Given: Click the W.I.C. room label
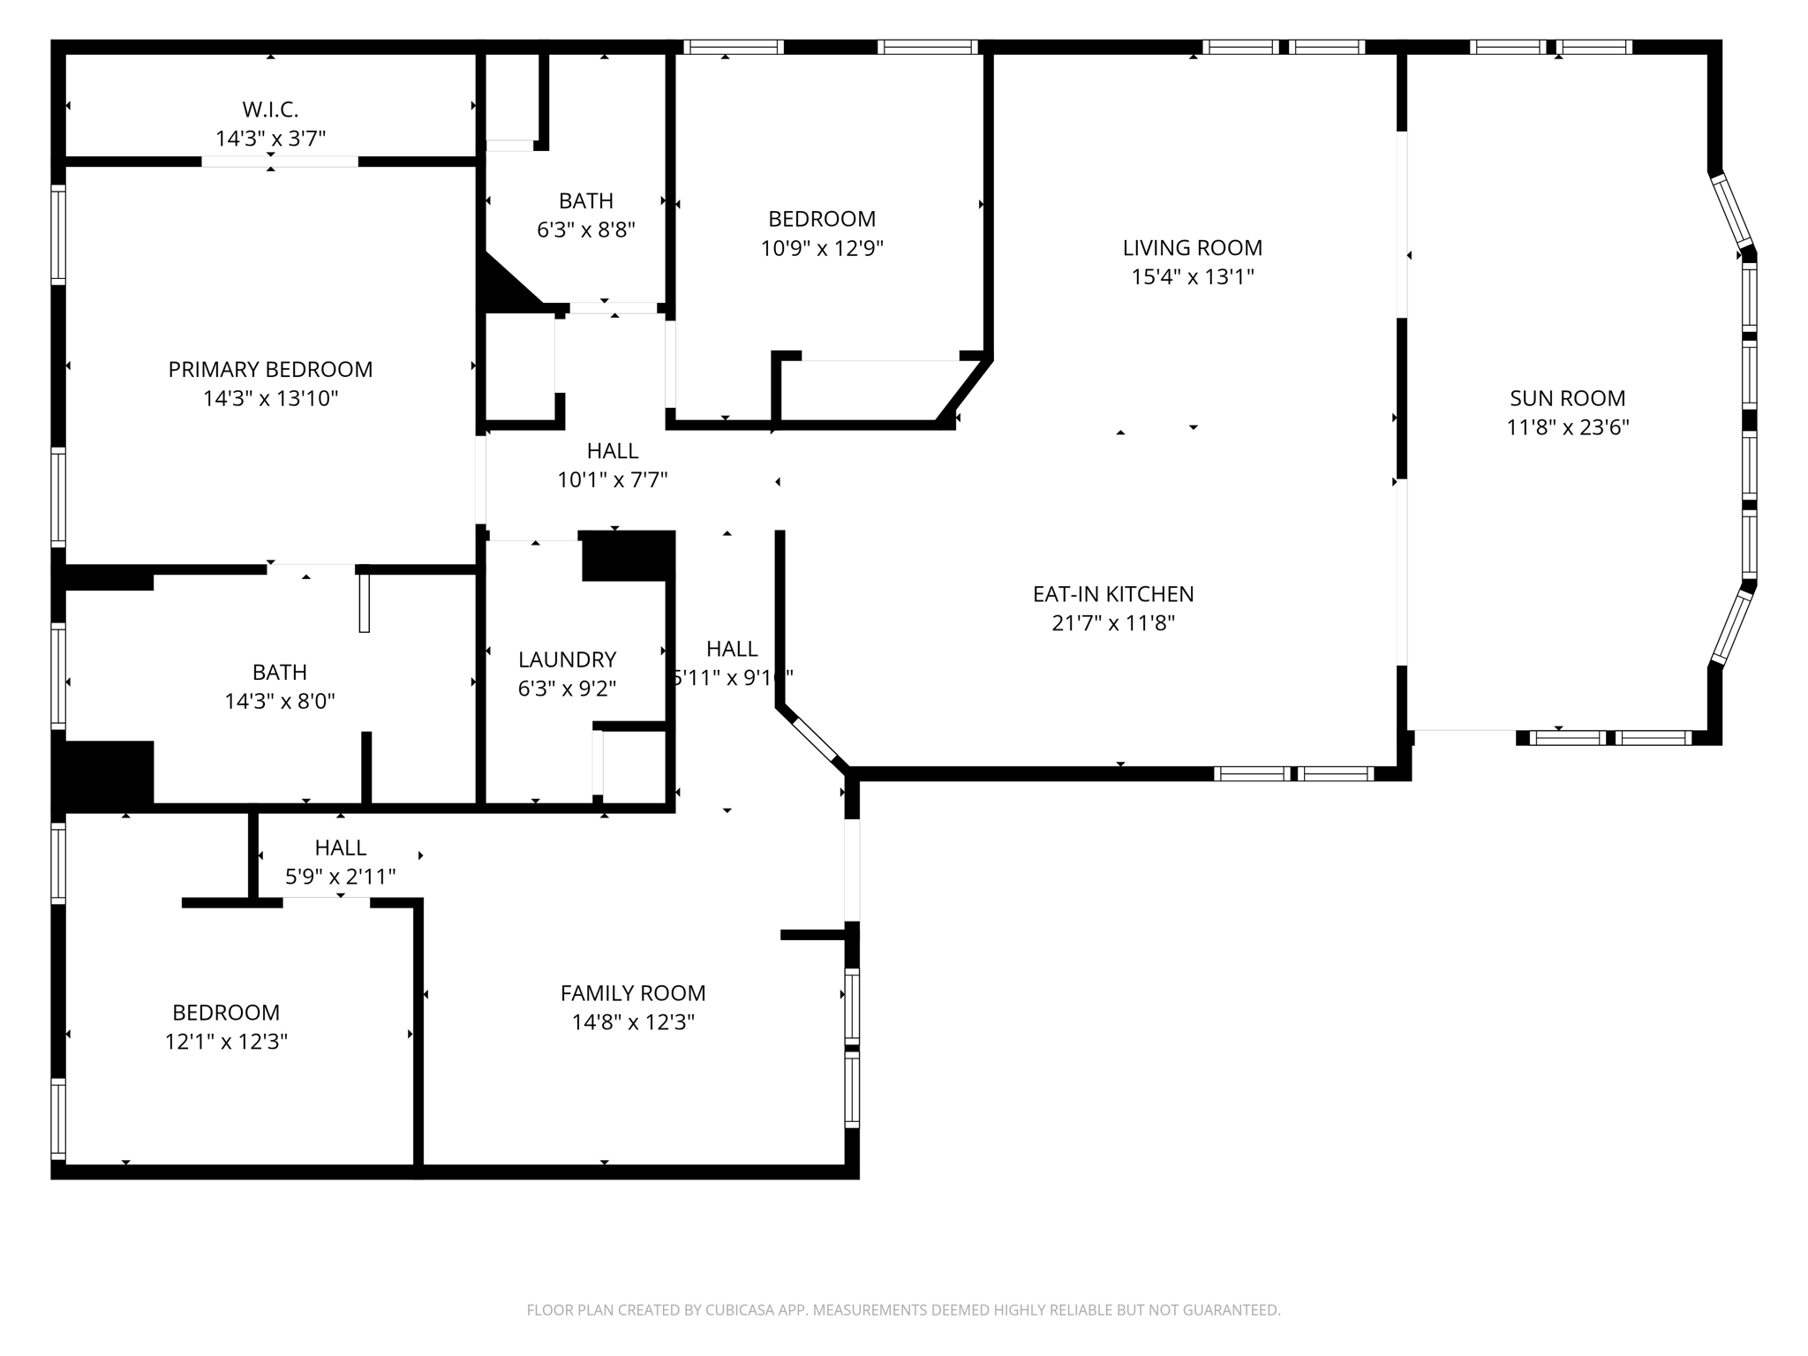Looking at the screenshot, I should [270, 109].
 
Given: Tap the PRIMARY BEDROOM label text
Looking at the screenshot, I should [270, 369].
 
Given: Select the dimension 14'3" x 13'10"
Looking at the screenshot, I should [270, 398].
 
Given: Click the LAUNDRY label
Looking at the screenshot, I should [567, 659].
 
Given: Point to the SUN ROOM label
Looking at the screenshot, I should [1567, 398].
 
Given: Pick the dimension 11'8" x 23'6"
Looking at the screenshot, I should [1567, 427].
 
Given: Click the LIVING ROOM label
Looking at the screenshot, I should [1192, 247].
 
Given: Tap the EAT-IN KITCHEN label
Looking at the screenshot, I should [1112, 594].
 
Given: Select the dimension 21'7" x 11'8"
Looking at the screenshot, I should [1112, 623].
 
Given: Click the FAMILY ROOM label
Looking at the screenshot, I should [632, 993].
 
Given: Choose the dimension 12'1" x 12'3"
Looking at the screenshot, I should [226, 1042].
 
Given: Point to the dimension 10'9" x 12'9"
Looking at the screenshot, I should [822, 248].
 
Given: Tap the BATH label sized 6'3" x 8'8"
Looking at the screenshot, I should [585, 200].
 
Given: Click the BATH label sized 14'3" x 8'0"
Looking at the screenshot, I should [279, 672].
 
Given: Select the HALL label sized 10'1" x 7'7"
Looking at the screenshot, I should [612, 450].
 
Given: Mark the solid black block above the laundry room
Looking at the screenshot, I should [628, 555].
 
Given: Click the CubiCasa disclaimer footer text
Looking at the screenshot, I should [903, 1310].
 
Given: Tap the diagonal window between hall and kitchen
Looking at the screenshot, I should [815, 740].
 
